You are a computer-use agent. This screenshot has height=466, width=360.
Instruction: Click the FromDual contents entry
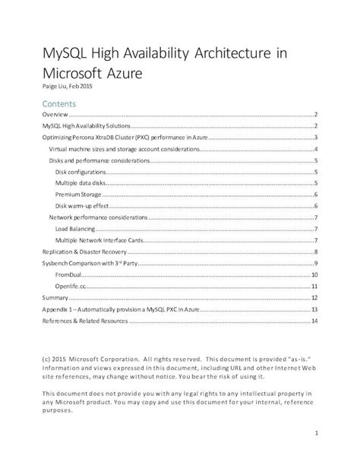pos(68,274)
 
